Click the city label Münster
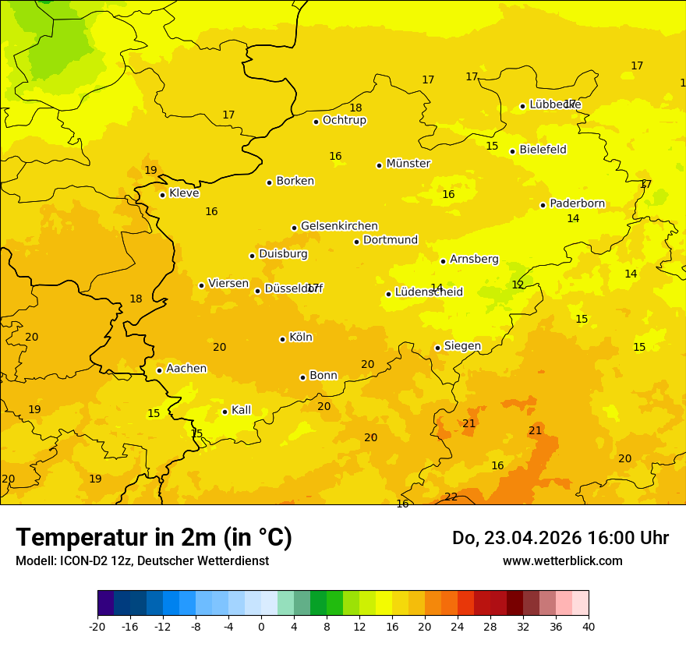tap(408, 164)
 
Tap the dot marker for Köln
tap(282, 339)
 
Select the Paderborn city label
tap(577, 203)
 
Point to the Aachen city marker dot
tap(159, 370)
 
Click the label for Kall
tap(241, 410)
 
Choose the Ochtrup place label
tap(345, 120)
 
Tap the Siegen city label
tap(462, 346)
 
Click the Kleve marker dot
tap(162, 195)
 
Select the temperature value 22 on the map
tap(451, 497)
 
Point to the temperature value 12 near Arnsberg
tap(518, 285)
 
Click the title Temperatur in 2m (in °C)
tap(154, 538)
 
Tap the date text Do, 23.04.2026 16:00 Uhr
tap(560, 538)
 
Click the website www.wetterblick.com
tap(562, 561)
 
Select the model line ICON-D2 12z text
tap(142, 561)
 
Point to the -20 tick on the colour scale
tap(97, 626)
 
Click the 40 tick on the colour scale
tap(589, 626)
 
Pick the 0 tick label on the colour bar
tap(261, 626)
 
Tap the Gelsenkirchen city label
tap(339, 226)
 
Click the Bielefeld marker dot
tap(512, 151)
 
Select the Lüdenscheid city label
tap(429, 292)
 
